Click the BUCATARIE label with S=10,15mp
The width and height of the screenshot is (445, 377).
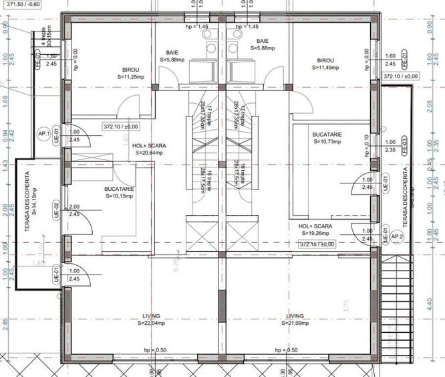pyautogui.click(x=120, y=193)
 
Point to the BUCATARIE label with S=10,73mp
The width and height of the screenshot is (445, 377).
pyautogui.click(x=327, y=139)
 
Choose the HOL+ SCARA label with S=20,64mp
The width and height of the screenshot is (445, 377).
pyautogui.click(x=149, y=149)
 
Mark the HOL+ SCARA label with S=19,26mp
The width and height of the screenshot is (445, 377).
pyautogui.click(x=315, y=230)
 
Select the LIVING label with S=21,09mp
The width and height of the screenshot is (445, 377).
pyautogui.click(x=295, y=319)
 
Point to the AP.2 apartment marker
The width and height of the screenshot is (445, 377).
pyautogui.click(x=397, y=236)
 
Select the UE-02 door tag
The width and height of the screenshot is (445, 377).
pyautogui.click(x=57, y=210)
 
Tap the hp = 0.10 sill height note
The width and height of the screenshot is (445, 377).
pyautogui.click(x=367, y=145)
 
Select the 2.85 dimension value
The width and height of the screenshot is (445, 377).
pyautogui.click(x=5, y=322)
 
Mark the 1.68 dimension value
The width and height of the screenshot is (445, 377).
pyautogui.click(x=5, y=100)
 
